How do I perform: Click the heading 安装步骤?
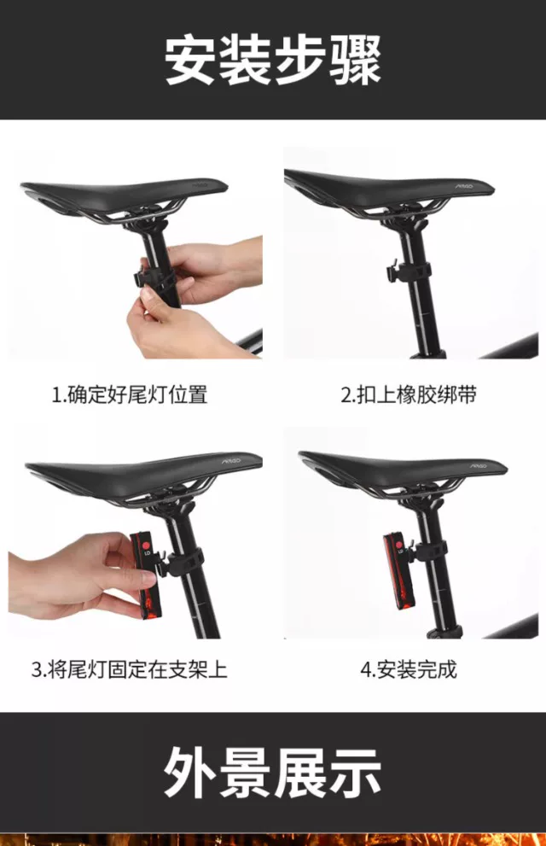(x=273, y=61)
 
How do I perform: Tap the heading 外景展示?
(x=273, y=773)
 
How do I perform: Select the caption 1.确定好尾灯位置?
(x=130, y=394)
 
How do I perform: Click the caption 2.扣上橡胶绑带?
(x=409, y=394)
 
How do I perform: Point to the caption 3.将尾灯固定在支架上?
(x=130, y=669)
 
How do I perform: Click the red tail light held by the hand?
(x=145, y=575)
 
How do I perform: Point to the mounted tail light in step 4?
(x=398, y=572)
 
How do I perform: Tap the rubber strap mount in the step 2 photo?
(x=409, y=272)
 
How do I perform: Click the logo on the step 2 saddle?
(x=465, y=186)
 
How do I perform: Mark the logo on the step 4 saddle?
(x=478, y=465)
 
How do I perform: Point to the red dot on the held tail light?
(x=146, y=546)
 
